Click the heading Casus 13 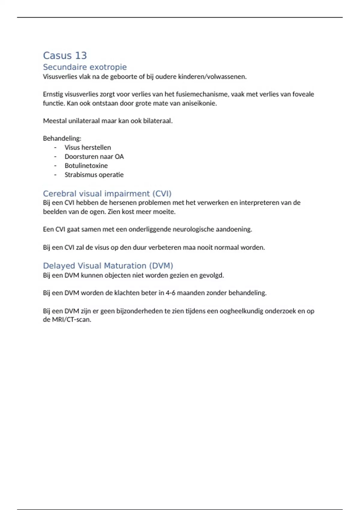pyautogui.click(x=65, y=55)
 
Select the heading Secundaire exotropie pyautogui.click(x=85, y=67)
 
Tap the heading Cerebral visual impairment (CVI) pyautogui.click(x=107, y=193)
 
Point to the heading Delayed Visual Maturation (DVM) pyautogui.click(x=108, y=266)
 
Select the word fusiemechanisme pyautogui.click(x=197, y=94)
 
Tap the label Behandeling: pyautogui.click(x=62, y=138)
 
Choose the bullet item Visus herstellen pyautogui.click(x=88, y=147)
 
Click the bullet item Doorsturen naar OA pyautogui.click(x=94, y=156)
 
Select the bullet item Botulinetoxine pyautogui.click(x=86, y=166)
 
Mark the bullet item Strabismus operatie pyautogui.click(x=94, y=175)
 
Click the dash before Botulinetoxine pyautogui.click(x=55, y=166)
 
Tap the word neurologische pyautogui.click(x=181, y=229)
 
